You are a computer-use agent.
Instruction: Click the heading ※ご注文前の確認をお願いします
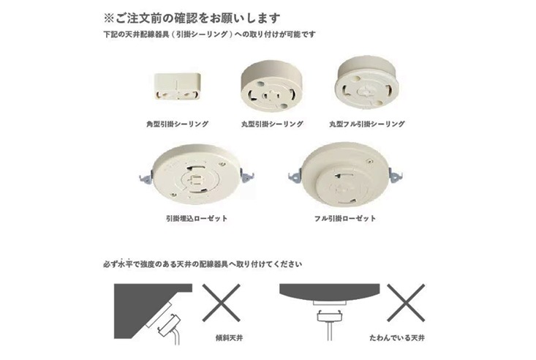[192, 18]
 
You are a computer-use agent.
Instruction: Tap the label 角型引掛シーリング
[177, 124]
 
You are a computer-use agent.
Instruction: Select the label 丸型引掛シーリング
[272, 124]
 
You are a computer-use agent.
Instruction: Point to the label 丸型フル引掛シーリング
[367, 124]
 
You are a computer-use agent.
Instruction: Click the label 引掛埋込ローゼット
[197, 218]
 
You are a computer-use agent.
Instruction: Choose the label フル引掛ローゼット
[345, 218]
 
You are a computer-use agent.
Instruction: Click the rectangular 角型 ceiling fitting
[177, 86]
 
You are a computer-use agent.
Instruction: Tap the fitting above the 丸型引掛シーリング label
[271, 86]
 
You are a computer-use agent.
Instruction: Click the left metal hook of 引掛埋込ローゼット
[146, 177]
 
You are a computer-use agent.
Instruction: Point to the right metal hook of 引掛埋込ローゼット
[247, 176]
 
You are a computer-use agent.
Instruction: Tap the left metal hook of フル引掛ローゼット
[295, 177]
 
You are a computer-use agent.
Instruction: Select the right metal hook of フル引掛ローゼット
[396, 176]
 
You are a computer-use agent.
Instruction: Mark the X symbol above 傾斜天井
[222, 302]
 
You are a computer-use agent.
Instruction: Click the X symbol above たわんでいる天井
[406, 302]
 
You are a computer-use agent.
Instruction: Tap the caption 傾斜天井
[230, 338]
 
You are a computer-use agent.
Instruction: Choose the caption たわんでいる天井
[397, 338]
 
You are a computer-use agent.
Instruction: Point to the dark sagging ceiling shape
[330, 291]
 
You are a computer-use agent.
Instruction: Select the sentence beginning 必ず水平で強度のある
[203, 264]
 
